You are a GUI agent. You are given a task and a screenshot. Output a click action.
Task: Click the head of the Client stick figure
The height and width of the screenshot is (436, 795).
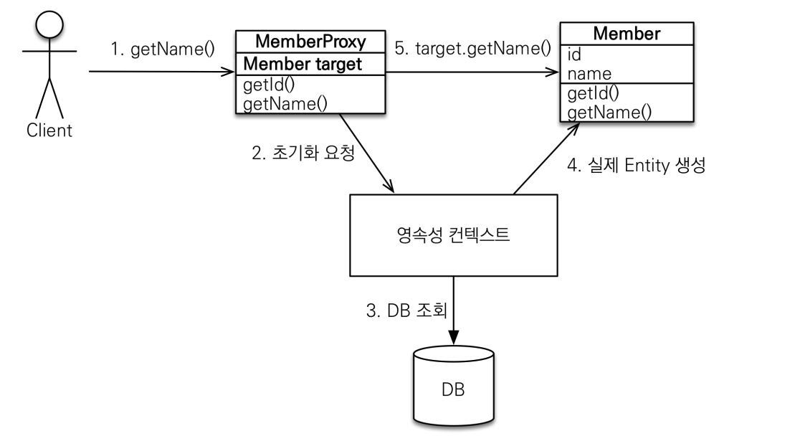point(49,24)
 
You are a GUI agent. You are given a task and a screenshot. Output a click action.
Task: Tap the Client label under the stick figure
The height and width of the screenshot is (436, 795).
point(49,131)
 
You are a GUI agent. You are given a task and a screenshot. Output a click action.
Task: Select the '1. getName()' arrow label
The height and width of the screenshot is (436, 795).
point(163,49)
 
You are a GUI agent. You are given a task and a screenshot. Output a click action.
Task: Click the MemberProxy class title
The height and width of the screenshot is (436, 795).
point(310,41)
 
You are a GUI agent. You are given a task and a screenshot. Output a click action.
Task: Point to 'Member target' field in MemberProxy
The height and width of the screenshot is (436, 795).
point(303,64)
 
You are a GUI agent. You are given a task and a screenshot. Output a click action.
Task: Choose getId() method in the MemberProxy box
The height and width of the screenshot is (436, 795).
point(269,85)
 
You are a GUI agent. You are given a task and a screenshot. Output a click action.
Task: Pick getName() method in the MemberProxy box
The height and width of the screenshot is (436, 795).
point(285,104)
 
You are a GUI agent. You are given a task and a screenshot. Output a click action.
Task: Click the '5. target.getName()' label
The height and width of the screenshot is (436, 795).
point(472,48)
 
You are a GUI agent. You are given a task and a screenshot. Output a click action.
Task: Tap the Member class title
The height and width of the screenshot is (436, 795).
point(627,34)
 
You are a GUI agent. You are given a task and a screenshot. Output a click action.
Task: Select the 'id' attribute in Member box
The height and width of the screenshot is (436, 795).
point(574,54)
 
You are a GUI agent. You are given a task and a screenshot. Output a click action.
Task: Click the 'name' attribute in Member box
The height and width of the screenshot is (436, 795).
point(589,74)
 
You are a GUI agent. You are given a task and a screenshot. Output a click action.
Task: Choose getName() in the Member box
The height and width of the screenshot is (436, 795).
point(609,112)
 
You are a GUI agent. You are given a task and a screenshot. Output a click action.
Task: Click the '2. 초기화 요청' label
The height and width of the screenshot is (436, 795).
point(303,153)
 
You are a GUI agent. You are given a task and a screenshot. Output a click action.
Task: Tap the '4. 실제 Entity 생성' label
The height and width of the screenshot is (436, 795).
point(637,165)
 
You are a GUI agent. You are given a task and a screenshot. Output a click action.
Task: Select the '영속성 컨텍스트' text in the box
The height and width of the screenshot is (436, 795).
point(453,234)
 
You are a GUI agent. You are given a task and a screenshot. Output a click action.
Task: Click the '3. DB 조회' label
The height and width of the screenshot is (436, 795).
point(406,311)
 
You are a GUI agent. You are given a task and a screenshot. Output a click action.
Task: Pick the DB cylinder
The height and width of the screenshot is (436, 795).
point(453,387)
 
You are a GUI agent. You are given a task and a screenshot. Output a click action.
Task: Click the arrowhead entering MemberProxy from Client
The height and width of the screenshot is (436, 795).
point(228,72)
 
